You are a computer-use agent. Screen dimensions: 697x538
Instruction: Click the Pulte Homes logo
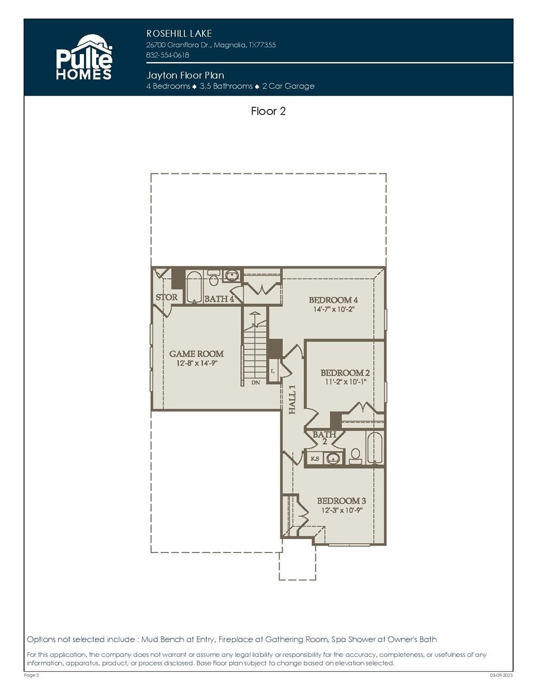coord(83,58)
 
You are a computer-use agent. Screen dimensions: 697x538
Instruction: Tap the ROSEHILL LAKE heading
coord(179,34)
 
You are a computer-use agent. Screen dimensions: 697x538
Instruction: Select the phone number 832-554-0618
coord(167,55)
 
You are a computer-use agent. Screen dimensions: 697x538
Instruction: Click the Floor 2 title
coord(268,111)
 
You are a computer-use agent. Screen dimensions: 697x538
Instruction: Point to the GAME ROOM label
coord(196,353)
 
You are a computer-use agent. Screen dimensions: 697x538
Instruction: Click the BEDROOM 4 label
coord(333,300)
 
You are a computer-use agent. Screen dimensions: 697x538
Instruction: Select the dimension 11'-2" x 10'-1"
coord(345,382)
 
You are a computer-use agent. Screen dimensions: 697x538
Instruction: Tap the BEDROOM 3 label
coord(341,501)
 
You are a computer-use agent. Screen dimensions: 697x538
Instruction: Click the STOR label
coord(166,297)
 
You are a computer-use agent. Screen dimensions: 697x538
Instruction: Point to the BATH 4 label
coord(219,299)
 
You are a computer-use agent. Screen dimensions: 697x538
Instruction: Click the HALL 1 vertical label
coord(293,399)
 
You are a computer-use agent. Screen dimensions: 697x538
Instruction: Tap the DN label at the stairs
coord(255,383)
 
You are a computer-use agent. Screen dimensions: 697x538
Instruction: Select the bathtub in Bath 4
coord(194,287)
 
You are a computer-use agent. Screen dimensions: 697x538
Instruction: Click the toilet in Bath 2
coord(355,455)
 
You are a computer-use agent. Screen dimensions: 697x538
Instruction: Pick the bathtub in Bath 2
coord(375,448)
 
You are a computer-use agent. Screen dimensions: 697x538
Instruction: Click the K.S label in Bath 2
coord(314,458)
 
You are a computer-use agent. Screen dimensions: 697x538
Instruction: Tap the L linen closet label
coord(272,371)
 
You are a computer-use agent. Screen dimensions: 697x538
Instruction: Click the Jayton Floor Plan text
coord(185,75)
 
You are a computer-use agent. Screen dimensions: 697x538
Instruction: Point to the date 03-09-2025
coord(501,675)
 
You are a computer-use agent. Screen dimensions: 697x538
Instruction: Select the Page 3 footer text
coord(31,675)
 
